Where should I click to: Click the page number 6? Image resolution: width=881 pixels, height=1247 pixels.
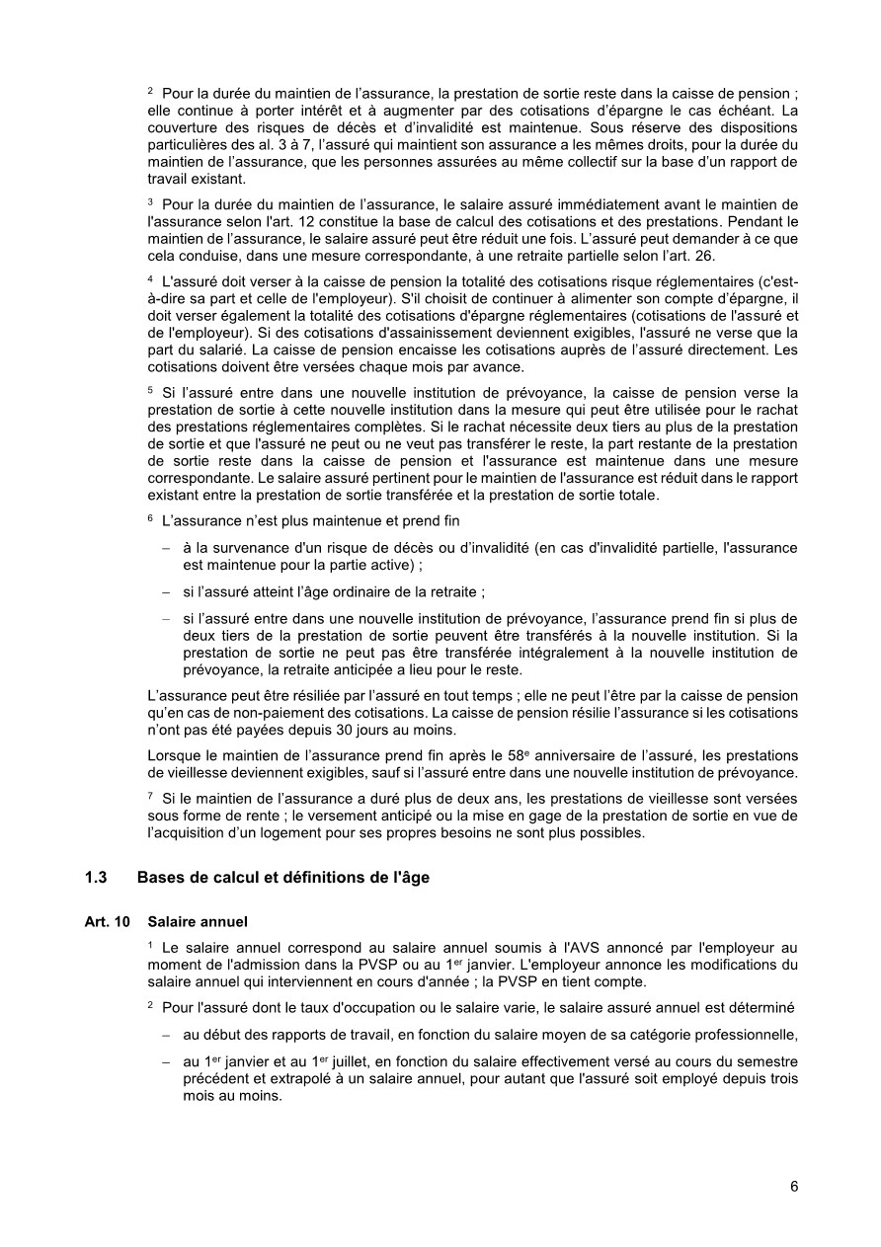[x=794, y=1187]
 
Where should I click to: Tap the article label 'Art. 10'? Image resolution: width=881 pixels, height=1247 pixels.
[x=107, y=921]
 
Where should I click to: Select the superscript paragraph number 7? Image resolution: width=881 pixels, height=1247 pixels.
[x=150, y=797]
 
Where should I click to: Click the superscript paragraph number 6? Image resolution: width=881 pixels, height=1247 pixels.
[x=150, y=519]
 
